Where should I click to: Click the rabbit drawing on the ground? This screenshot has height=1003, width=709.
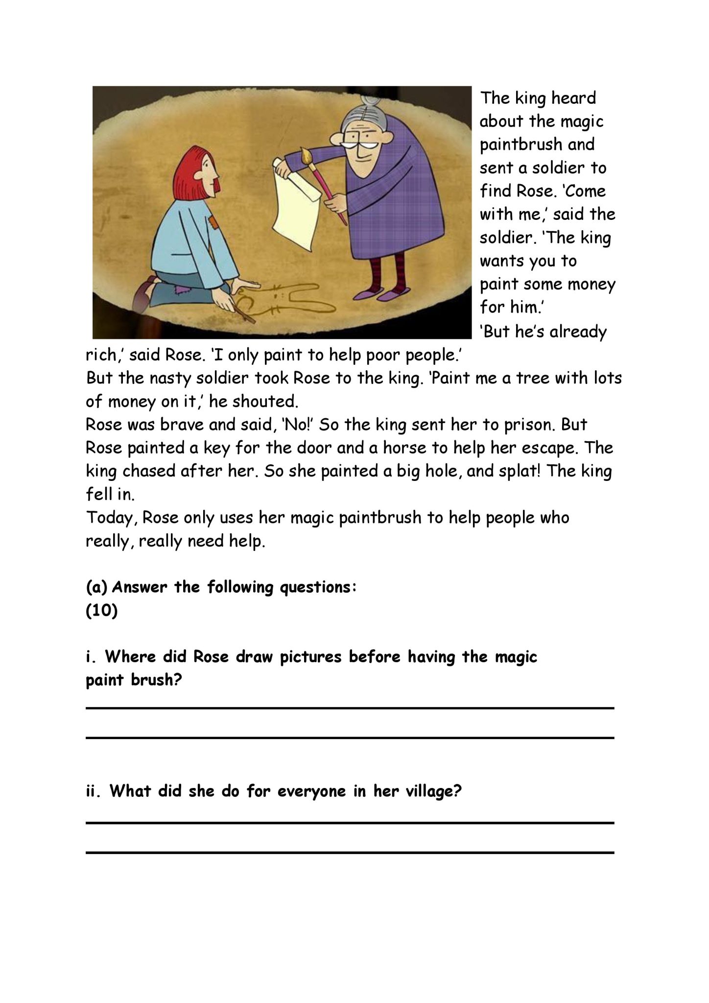tap(284, 300)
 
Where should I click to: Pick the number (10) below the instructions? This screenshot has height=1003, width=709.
tap(102, 612)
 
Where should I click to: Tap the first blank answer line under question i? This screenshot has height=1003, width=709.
tap(350, 708)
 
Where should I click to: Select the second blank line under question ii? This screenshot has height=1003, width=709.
tap(350, 853)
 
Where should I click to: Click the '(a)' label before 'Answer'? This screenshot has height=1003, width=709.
tap(96, 587)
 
